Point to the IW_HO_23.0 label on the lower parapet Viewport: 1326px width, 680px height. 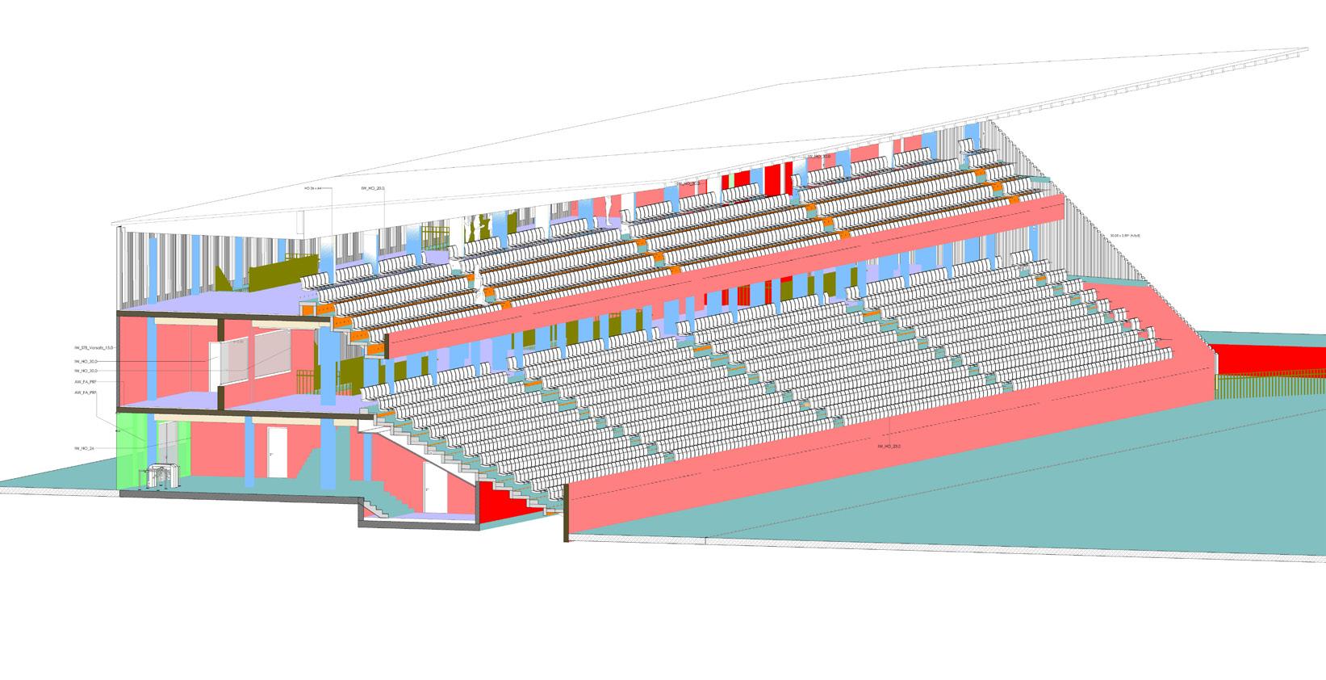(888, 446)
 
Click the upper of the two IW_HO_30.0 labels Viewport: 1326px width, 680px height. (86, 361)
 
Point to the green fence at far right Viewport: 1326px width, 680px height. (1267, 387)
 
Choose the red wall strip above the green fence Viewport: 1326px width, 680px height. (1267, 356)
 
